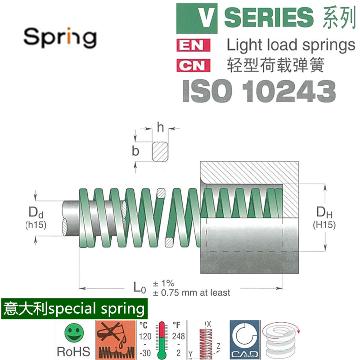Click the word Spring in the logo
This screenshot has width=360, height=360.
click(x=60, y=37)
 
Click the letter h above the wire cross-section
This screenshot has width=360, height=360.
click(x=160, y=127)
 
